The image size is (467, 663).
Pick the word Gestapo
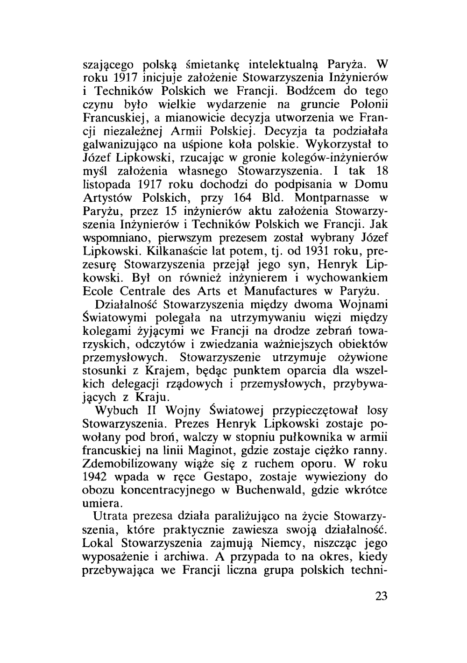click(227, 478)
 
